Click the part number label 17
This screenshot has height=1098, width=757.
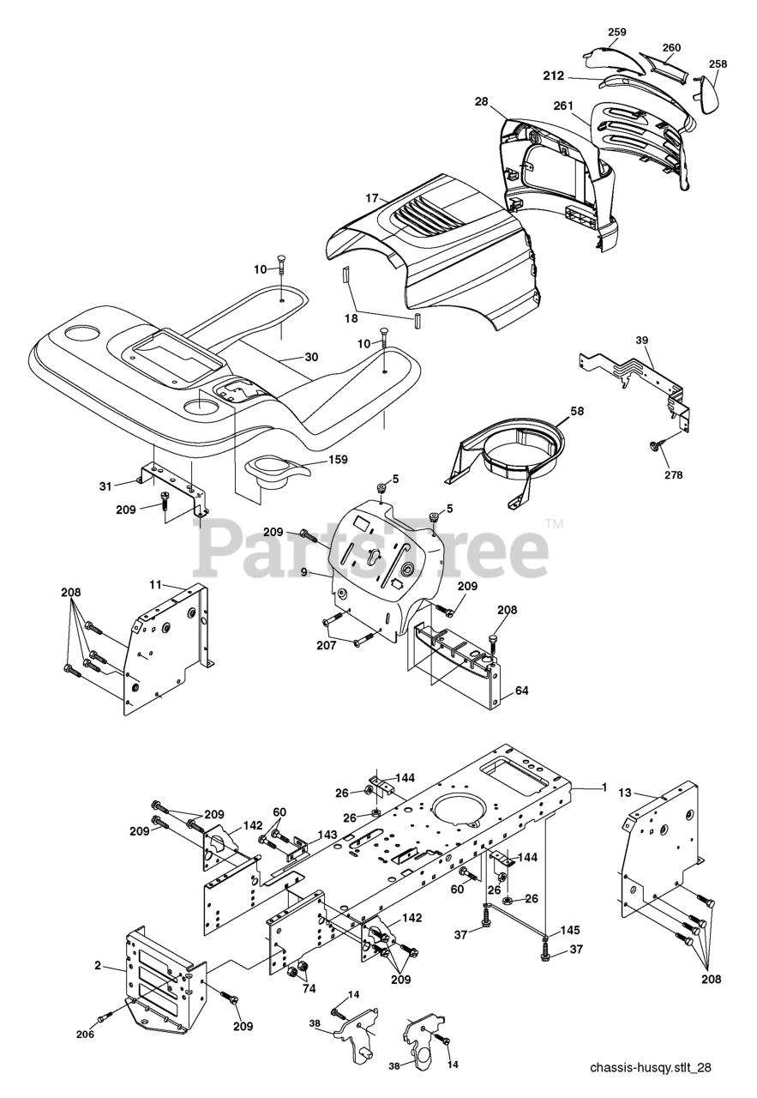(371, 198)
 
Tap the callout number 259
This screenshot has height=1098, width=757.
(617, 32)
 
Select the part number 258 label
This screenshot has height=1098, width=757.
(718, 64)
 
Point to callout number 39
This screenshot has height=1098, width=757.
(641, 340)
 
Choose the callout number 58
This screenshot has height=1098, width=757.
(577, 411)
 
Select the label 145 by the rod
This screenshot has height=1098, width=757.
(570, 930)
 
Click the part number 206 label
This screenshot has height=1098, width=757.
(86, 1034)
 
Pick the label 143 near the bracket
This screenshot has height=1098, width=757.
(327, 835)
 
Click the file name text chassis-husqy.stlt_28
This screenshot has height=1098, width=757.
(651, 1068)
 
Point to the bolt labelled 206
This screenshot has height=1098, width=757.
(104, 1017)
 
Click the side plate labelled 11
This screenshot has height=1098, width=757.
(167, 643)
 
